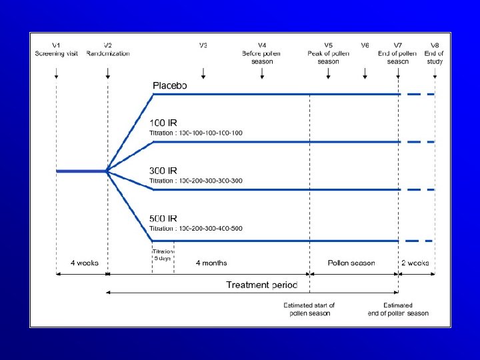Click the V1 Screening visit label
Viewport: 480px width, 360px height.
(57, 49)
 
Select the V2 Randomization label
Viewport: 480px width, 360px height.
(108, 49)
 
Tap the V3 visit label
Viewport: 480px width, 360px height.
(203, 45)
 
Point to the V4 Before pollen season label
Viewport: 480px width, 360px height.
(262, 53)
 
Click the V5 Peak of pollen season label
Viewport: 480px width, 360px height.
(328, 53)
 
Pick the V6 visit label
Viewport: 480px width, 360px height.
(365, 45)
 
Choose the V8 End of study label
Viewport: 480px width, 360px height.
(435, 53)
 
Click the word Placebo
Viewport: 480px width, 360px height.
(170, 85)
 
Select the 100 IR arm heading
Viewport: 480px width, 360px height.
(163, 123)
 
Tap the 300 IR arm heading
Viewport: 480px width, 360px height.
(163, 171)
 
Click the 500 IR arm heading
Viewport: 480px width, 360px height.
(163, 218)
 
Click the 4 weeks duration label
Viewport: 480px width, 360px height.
(85, 263)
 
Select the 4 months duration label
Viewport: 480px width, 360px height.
(211, 263)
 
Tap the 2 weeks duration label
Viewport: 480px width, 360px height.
(415, 263)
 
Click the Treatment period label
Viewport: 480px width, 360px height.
(262, 285)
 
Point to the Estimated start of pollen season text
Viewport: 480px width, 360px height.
(309, 309)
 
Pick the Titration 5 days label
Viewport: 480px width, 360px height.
(163, 254)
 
